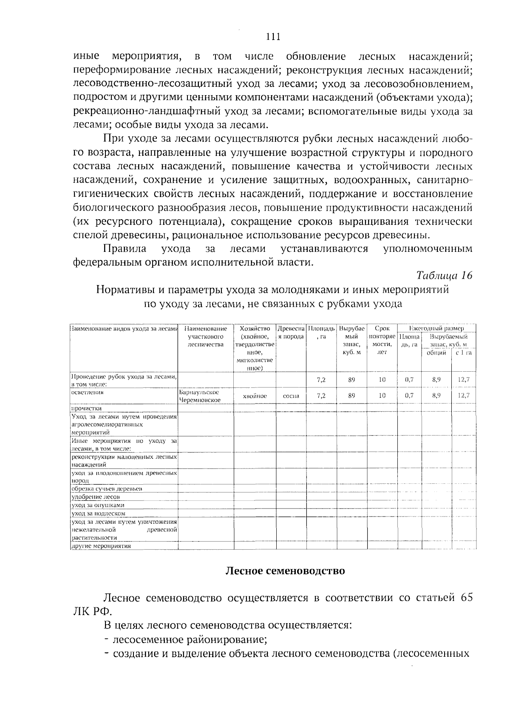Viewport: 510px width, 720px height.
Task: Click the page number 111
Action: click(273, 37)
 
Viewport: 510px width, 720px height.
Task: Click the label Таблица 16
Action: click(444, 275)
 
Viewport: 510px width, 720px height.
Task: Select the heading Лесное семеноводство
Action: click(285, 570)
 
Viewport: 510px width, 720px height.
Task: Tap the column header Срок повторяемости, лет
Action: click(382, 340)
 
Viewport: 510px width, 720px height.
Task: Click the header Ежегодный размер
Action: click(436, 328)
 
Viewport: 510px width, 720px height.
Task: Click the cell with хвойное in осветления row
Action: click(255, 396)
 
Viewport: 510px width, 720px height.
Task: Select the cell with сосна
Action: click(291, 396)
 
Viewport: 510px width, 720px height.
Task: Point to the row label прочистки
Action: click(86, 408)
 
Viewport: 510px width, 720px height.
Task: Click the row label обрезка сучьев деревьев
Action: click(106, 488)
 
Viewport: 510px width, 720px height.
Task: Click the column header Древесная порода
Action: click(291, 333)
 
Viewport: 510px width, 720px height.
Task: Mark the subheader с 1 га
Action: click(464, 353)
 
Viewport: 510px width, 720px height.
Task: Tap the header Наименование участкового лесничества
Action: click(206, 336)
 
